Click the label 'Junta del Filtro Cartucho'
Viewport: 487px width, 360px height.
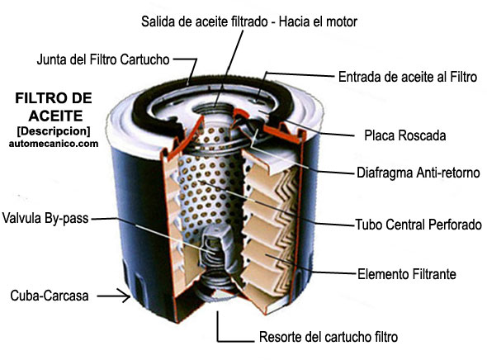pyautogui.click(x=103, y=59)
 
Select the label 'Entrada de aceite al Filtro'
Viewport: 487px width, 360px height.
pyautogui.click(x=408, y=77)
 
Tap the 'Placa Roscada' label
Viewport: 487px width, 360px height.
pyautogui.click(x=405, y=135)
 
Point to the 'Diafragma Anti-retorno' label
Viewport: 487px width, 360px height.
pyautogui.click(x=418, y=173)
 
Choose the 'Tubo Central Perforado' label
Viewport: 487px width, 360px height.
pyautogui.click(x=418, y=225)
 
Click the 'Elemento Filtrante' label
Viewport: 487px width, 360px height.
pyautogui.click(x=407, y=274)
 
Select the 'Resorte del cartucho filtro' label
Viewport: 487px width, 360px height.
pyautogui.click(x=329, y=337)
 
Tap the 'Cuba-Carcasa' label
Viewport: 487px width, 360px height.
pyautogui.click(x=50, y=296)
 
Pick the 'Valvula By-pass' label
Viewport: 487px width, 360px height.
pyautogui.click(x=45, y=218)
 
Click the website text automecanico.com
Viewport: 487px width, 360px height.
pyautogui.click(x=54, y=144)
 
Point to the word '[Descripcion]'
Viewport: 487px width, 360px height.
pyautogui.click(x=54, y=131)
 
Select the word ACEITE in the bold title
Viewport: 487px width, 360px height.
pyautogui.click(x=55, y=116)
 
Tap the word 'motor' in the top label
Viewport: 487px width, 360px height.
pyautogui.click(x=342, y=21)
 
